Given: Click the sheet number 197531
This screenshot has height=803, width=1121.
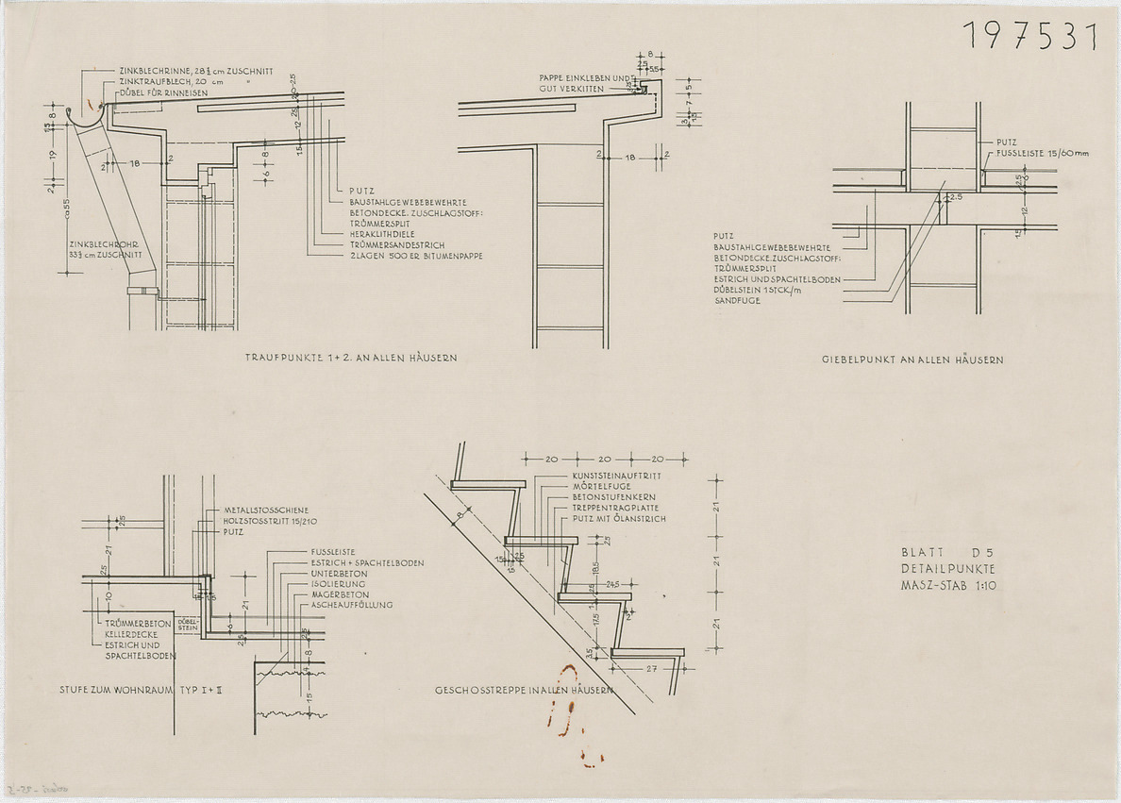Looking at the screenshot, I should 1030,36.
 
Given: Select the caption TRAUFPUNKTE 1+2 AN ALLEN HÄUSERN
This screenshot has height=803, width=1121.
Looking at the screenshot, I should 352,359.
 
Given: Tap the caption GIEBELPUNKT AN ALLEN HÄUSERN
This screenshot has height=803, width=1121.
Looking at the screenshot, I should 912,360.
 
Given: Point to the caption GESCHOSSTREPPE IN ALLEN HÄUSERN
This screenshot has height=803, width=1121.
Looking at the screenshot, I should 525,690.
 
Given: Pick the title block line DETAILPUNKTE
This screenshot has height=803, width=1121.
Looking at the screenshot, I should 948,569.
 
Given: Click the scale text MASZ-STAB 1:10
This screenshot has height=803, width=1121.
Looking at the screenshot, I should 948,586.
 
